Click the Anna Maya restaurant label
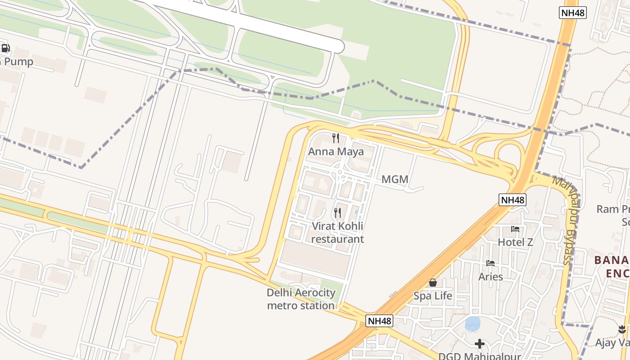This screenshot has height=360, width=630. click(x=336, y=152)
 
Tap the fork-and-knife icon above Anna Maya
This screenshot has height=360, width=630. click(x=336, y=138)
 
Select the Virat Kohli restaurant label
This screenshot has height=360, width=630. click(x=337, y=233)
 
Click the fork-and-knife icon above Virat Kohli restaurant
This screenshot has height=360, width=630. click(x=337, y=212)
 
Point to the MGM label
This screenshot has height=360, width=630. click(x=395, y=180)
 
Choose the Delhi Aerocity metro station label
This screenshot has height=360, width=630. click(x=301, y=299)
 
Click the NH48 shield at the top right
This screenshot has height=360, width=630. click(x=573, y=13)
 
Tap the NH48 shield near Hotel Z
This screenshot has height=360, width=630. click(x=513, y=200)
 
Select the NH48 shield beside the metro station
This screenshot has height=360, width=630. click(x=379, y=321)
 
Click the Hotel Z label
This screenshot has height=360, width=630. click(x=515, y=242)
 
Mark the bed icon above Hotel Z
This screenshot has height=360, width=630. click(x=515, y=229)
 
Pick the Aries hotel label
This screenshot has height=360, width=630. click(x=490, y=276)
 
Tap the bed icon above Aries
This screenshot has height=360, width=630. click(x=490, y=263)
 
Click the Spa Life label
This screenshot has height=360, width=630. click(x=433, y=296)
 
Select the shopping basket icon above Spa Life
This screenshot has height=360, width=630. click(x=433, y=283)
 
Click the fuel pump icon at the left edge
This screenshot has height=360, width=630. click(x=5, y=48)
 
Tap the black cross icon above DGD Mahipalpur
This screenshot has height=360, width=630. click(x=480, y=344)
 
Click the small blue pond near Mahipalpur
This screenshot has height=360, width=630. click(x=472, y=324)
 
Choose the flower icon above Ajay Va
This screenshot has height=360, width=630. click(x=622, y=330)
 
